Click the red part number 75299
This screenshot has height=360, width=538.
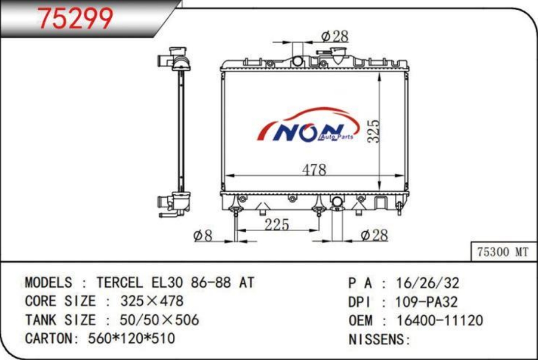pyautogui.click(x=75, y=18)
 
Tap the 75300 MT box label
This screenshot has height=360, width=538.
pyautogui.click(x=503, y=252)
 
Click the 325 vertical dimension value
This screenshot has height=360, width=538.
pyautogui.click(x=373, y=131)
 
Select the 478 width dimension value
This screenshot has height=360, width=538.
pyautogui.click(x=315, y=169)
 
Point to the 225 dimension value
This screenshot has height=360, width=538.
pyautogui.click(x=277, y=225)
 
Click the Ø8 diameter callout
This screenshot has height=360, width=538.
pyautogui.click(x=203, y=236)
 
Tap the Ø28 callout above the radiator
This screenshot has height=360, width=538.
pyautogui.click(x=335, y=36)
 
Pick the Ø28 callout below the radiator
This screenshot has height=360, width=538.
pyautogui.click(x=374, y=235)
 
